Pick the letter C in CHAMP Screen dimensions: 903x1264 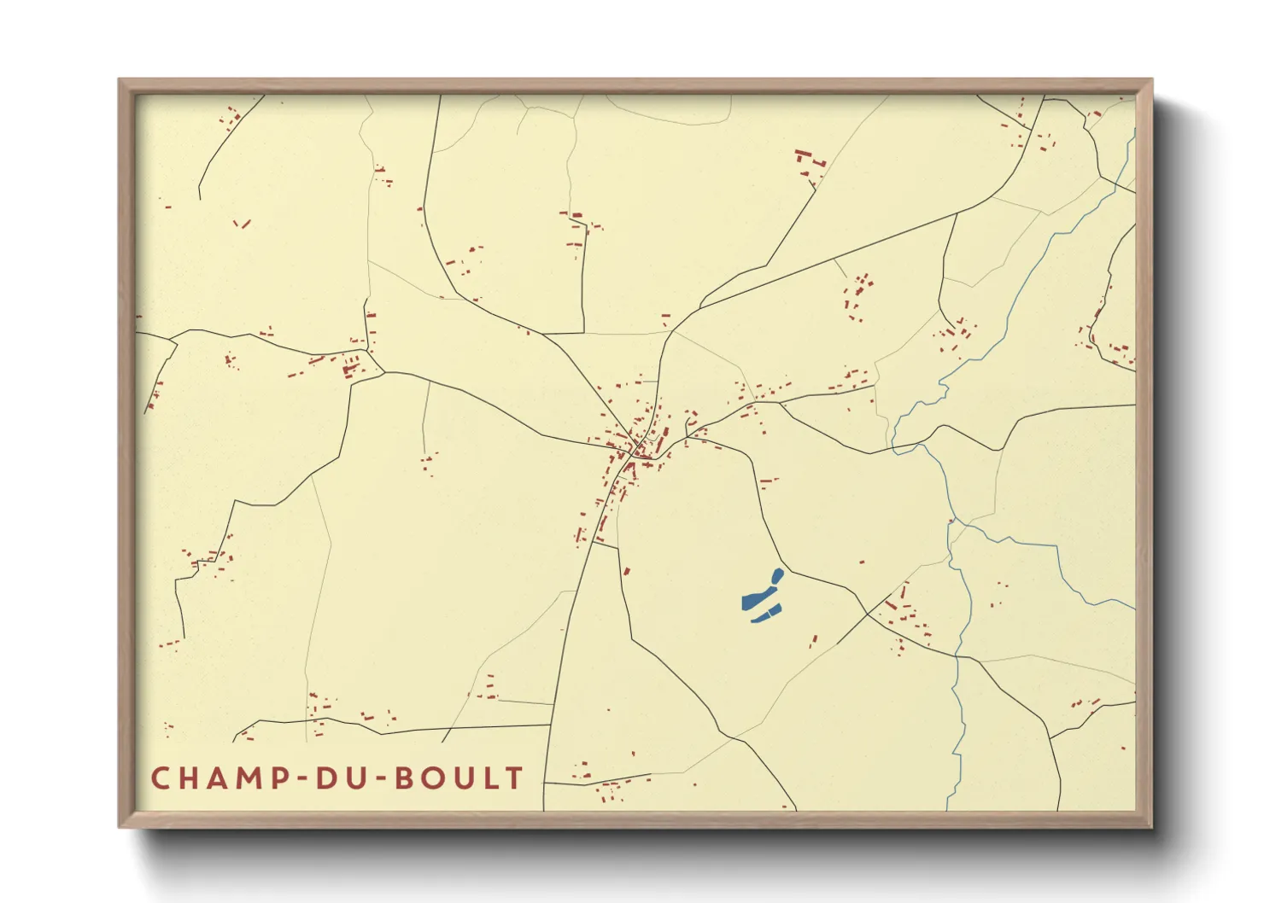click(161, 778)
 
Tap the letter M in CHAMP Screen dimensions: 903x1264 click(250, 778)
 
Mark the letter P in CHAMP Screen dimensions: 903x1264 click(279, 778)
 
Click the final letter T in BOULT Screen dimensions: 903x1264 click(514, 778)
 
